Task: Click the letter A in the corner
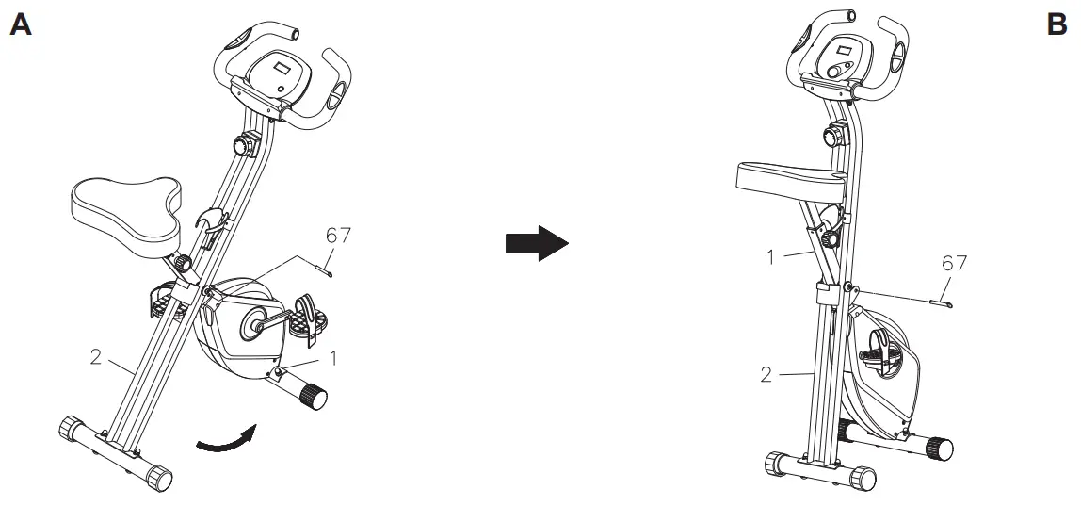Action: click(x=21, y=24)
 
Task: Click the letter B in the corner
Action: click(x=1057, y=24)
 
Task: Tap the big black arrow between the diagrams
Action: click(x=537, y=243)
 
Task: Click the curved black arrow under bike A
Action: click(x=226, y=440)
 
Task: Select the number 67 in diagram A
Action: click(x=338, y=236)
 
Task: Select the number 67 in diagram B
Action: click(x=954, y=263)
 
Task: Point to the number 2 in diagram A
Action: click(x=96, y=357)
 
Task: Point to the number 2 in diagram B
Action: click(x=766, y=375)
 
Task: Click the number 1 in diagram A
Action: click(x=333, y=358)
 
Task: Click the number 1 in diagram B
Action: click(x=771, y=257)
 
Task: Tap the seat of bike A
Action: click(x=128, y=214)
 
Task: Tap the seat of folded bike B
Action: click(x=790, y=181)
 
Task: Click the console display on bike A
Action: click(x=282, y=69)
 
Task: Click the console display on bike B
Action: click(x=845, y=50)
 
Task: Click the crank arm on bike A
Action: click(x=269, y=321)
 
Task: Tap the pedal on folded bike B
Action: click(x=879, y=351)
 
